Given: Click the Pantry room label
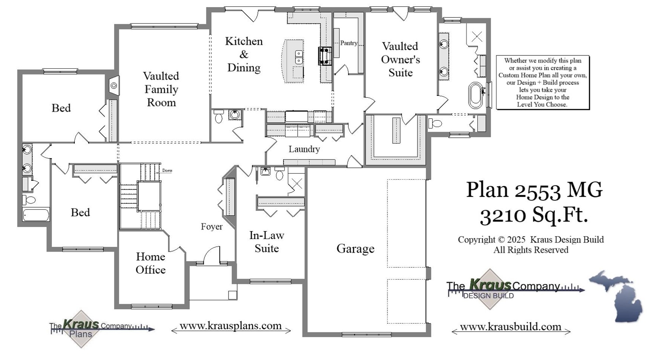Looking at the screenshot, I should point(348,43).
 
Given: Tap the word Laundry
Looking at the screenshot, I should point(304,149).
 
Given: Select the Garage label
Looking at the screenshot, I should point(355,248).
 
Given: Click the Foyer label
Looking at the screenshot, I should point(212,227).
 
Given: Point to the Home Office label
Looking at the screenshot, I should point(151,263).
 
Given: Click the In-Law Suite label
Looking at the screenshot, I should point(266,242).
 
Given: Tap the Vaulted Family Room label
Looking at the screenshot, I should point(161,89).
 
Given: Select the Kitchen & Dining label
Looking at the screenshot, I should point(244,54).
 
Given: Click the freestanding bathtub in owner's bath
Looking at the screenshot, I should point(476,95).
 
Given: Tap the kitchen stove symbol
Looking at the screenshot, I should point(325,56).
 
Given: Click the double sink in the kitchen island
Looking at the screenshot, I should point(299,57).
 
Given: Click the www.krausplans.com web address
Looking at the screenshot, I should point(231,326).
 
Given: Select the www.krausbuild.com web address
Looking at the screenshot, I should point(510,327).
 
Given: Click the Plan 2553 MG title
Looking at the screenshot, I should point(534,189).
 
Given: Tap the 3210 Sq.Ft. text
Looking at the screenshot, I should point(534,215).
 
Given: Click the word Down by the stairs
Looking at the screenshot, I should point(167,171).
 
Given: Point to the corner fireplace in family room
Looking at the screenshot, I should point(114,85).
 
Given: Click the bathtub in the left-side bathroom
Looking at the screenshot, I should point(36,215).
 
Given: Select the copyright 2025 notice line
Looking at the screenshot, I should point(531,240).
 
